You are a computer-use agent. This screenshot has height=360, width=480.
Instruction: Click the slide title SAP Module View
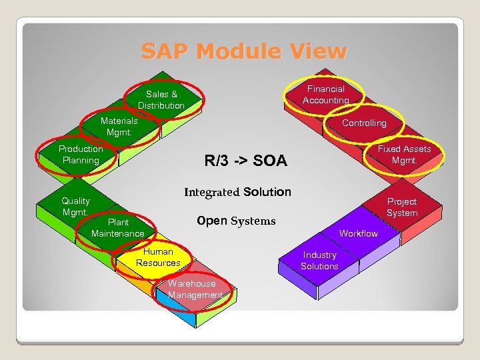pyautogui.click(x=244, y=51)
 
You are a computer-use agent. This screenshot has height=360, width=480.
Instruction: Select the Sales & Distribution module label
pyautogui.click(x=161, y=100)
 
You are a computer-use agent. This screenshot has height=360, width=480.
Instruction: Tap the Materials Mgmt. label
pyautogui.click(x=119, y=127)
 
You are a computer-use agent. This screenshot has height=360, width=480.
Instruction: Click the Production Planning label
pyautogui.click(x=81, y=155)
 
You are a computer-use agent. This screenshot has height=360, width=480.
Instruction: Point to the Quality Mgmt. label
pyautogui.click(x=75, y=207)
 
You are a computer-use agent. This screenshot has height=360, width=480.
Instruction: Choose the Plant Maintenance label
pyautogui.click(x=118, y=228)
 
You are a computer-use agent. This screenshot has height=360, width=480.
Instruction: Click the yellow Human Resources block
pyautogui.click(x=158, y=257)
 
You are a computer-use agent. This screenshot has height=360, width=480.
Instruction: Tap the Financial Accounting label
pyautogui.click(x=325, y=95)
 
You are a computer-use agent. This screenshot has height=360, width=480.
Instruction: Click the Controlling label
pyautogui.click(x=364, y=123)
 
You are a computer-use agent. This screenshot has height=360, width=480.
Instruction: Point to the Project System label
pyautogui.click(x=402, y=207)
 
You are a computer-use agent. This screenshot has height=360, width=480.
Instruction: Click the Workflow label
pyautogui.click(x=358, y=233)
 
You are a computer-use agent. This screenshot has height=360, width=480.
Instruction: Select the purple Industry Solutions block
pyautogui.click(x=319, y=261)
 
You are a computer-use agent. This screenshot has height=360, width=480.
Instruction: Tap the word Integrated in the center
pyautogui.click(x=211, y=192)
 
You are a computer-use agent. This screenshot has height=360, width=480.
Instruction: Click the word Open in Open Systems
pyautogui.click(x=212, y=221)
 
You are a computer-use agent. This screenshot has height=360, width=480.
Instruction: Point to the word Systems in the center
pyautogui.click(x=253, y=221)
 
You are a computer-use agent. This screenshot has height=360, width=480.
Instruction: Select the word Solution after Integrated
pyautogui.click(x=267, y=192)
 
